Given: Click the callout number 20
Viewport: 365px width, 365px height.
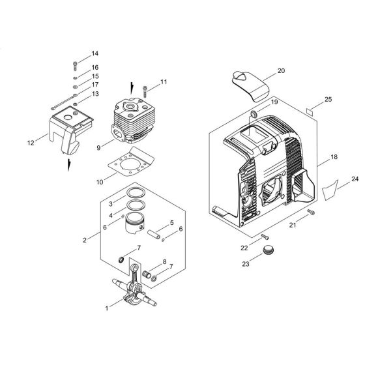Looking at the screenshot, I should click(x=281, y=70).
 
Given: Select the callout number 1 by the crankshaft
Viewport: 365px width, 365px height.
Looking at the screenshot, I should click(x=107, y=308).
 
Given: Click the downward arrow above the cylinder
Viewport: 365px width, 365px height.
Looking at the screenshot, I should click(x=133, y=86).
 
